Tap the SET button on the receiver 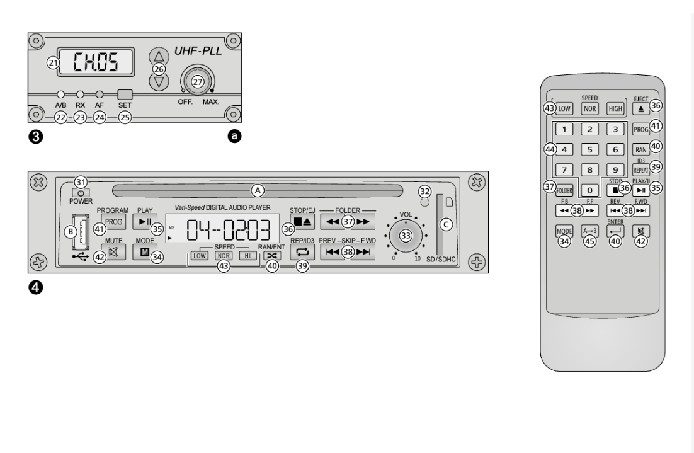coord(125,95)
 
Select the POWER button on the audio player coord(80,192)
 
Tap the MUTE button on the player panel coord(113,253)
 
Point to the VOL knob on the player coord(405,235)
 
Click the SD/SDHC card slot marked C coord(440,224)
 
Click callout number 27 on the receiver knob coord(198,82)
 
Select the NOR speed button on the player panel coord(222,256)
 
